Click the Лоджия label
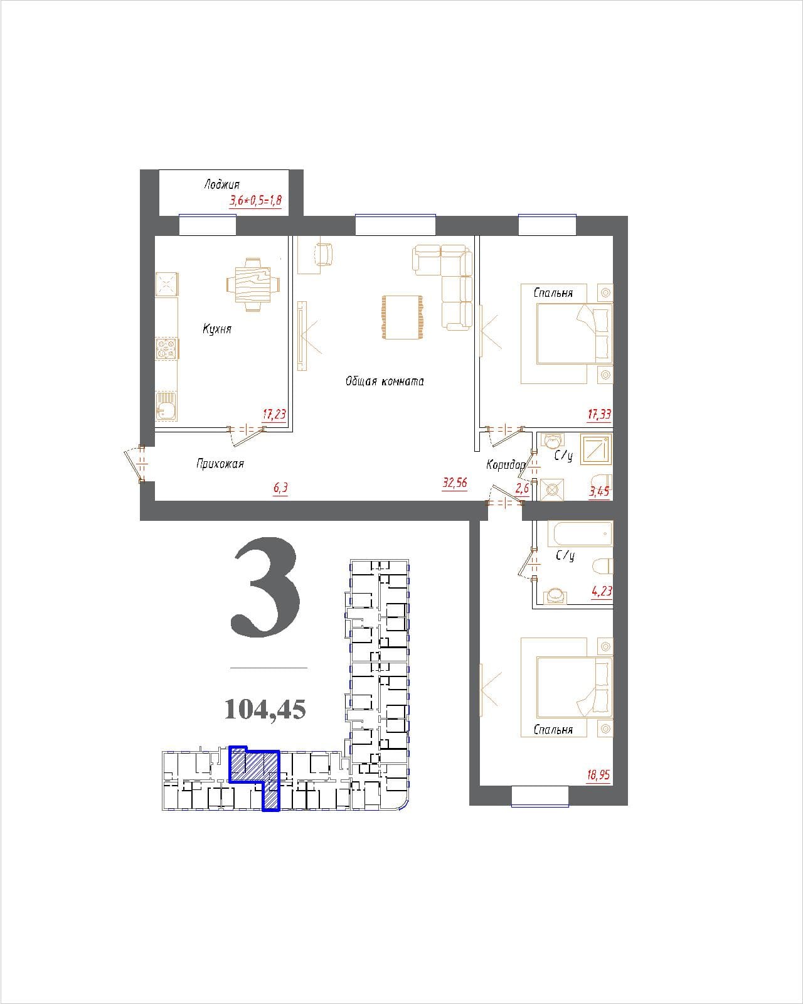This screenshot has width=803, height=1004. tap(221, 184)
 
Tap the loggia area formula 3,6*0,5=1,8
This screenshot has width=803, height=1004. tap(255, 201)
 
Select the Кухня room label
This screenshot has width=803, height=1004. tap(217, 328)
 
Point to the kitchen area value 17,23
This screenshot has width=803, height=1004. tap(274, 414)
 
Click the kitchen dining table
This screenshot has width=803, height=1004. tap(253, 284)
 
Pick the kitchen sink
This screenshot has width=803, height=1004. tap(167, 406)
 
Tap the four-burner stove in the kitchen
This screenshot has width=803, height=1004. tap(167, 348)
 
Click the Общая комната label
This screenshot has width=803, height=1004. tap(385, 381)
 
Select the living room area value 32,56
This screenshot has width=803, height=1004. tap(454, 483)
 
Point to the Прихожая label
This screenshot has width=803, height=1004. tap(220, 464)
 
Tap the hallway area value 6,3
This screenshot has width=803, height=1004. tap(280, 488)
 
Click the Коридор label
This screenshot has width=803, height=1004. tap(506, 464)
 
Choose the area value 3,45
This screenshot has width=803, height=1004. tap(600, 491)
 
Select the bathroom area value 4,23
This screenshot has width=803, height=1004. tap(602, 591)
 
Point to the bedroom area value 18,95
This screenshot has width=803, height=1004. tap(598, 775)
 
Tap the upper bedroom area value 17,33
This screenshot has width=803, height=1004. tap(599, 414)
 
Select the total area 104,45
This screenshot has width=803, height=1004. tap(265, 710)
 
